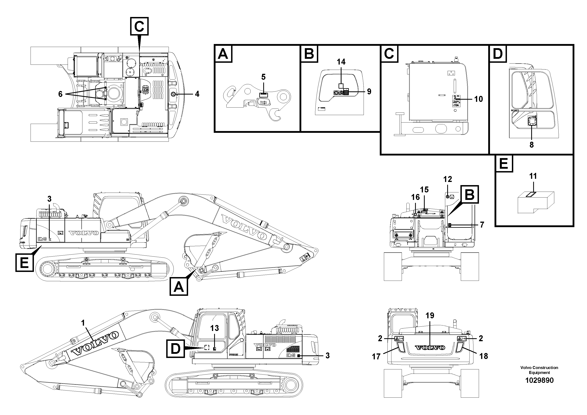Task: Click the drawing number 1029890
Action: click(539, 380)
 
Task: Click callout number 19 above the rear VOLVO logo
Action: click(430, 316)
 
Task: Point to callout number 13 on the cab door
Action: click(215, 328)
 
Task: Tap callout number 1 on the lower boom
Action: click(83, 323)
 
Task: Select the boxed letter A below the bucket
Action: click(179, 287)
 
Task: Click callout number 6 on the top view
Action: click(60, 94)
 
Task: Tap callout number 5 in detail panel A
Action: click(263, 77)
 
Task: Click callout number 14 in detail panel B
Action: click(341, 62)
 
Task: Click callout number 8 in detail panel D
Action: click(532, 145)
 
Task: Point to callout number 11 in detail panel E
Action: click(533, 176)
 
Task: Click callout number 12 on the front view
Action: click(448, 179)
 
